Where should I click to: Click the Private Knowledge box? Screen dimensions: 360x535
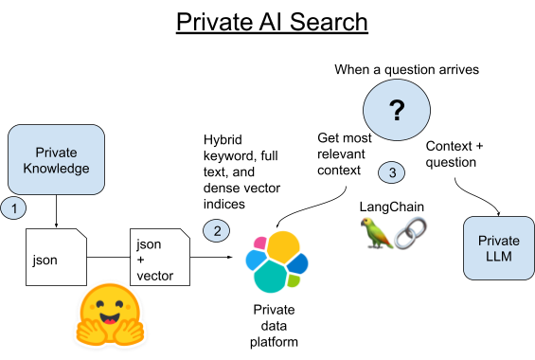[x=56, y=160]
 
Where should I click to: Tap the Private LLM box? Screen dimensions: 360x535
[x=498, y=248]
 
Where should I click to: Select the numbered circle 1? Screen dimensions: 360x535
[x=13, y=207]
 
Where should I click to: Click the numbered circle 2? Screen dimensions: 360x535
[x=217, y=230]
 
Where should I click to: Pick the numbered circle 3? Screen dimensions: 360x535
[x=392, y=172]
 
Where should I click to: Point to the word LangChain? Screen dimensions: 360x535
[x=391, y=206]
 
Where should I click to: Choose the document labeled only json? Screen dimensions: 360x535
[x=56, y=256]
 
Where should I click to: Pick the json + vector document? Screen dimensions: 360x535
[x=159, y=256]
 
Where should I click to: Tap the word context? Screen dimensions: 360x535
[x=342, y=170]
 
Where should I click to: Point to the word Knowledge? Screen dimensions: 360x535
[x=56, y=169]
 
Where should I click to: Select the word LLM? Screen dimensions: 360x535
[x=498, y=257]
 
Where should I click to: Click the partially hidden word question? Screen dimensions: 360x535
[x=445, y=163]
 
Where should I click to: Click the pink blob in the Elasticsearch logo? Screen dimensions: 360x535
[x=258, y=243]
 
